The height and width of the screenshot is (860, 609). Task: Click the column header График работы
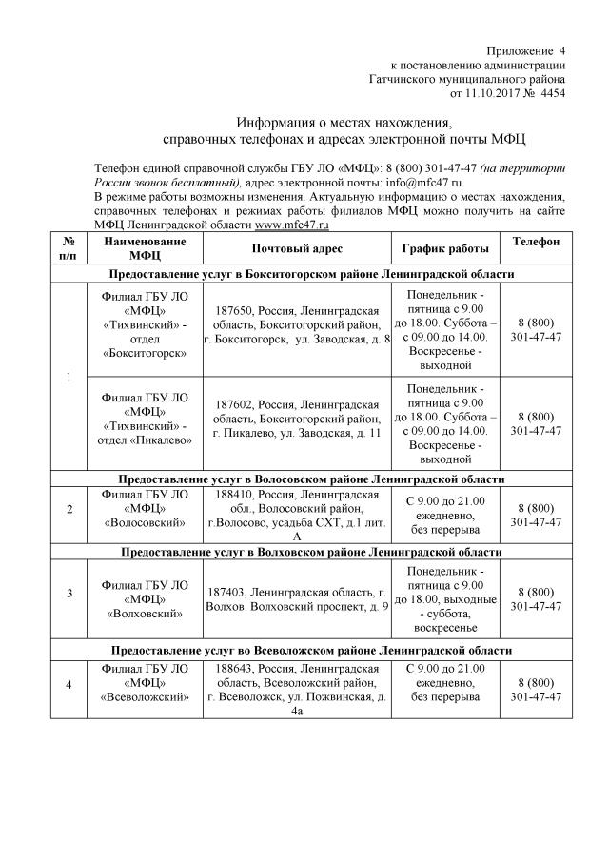(x=445, y=248)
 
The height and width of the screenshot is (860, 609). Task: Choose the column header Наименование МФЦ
(x=144, y=248)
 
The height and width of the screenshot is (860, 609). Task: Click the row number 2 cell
(x=69, y=509)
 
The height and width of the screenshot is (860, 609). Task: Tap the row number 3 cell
(x=69, y=595)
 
